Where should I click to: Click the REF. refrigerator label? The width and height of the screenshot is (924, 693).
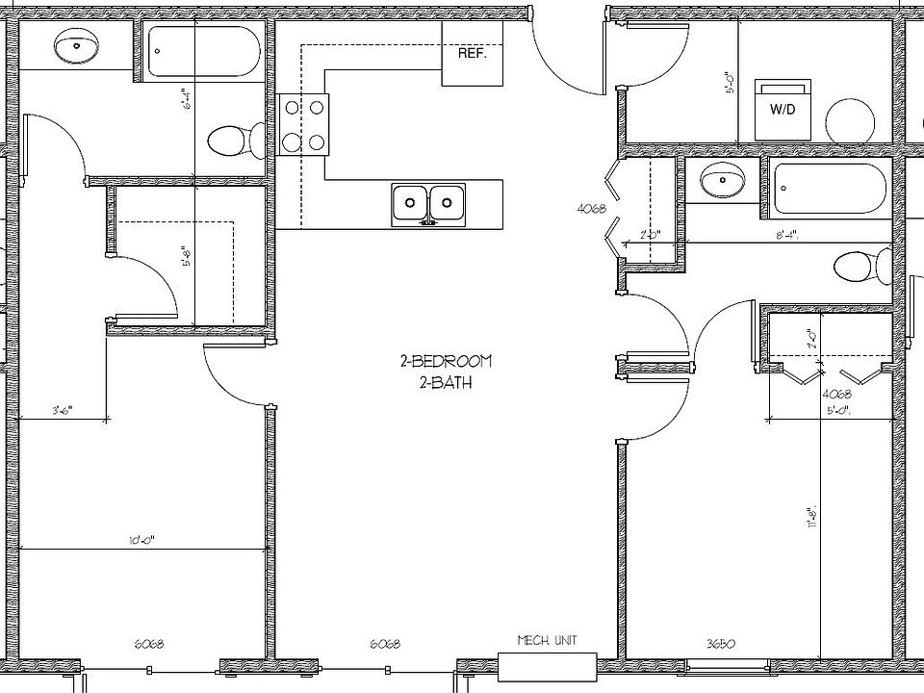tap(472, 54)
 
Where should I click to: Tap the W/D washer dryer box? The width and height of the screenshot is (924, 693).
tap(782, 109)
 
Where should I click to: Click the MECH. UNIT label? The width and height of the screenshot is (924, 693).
tap(547, 641)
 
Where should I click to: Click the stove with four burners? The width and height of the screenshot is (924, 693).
tap(303, 125)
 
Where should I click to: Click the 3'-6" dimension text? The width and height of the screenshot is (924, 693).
tap(63, 410)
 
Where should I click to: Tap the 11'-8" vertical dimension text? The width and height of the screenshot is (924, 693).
tap(813, 514)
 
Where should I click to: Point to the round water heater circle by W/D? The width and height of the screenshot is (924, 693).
tap(852, 120)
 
